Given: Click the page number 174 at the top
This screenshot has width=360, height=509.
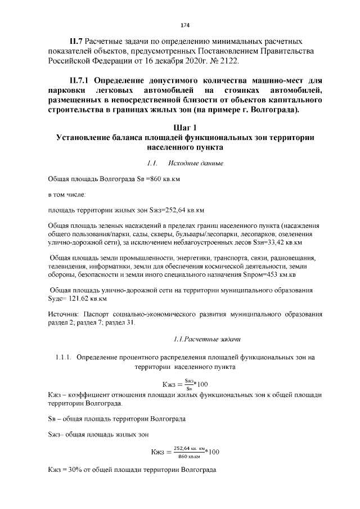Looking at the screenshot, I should point(184,25).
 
